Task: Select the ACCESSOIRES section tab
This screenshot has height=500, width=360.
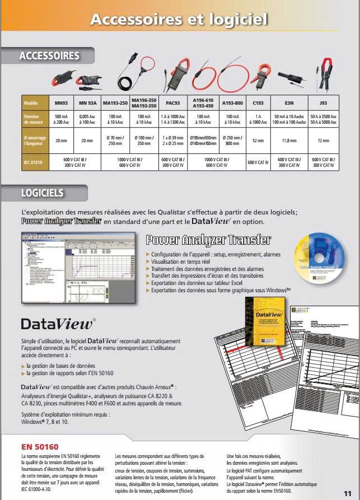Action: (49, 55)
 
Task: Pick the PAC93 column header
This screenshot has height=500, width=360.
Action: (173, 104)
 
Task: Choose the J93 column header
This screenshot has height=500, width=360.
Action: (323, 104)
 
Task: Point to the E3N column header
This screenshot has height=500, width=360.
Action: (289, 104)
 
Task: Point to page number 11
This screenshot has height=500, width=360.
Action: (347, 492)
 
